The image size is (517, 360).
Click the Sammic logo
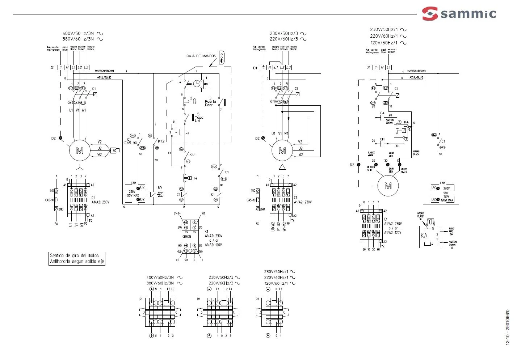[x=459, y=14]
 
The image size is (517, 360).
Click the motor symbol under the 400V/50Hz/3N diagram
[x=79, y=150]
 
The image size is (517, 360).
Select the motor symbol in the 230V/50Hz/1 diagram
[x=388, y=186]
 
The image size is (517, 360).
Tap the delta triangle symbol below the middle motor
[x=282, y=167]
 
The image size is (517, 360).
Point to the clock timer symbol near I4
[x=196, y=84]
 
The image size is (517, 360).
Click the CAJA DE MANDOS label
[x=201, y=56]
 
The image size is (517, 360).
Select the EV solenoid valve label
[x=160, y=187]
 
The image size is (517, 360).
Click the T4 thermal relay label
[x=195, y=178]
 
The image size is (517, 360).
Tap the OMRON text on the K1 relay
[x=186, y=237]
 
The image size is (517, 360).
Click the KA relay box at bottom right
[x=430, y=236]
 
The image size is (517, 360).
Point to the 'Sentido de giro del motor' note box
[x=77, y=258]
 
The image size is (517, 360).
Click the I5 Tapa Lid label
[x=199, y=118]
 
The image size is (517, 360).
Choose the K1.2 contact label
[x=161, y=141]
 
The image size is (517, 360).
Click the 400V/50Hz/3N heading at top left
[x=78, y=34]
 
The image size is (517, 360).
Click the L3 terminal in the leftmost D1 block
[x=86, y=68]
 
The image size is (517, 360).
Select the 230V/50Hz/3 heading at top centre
[x=283, y=34]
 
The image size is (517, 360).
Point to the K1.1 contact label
[x=193, y=155]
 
